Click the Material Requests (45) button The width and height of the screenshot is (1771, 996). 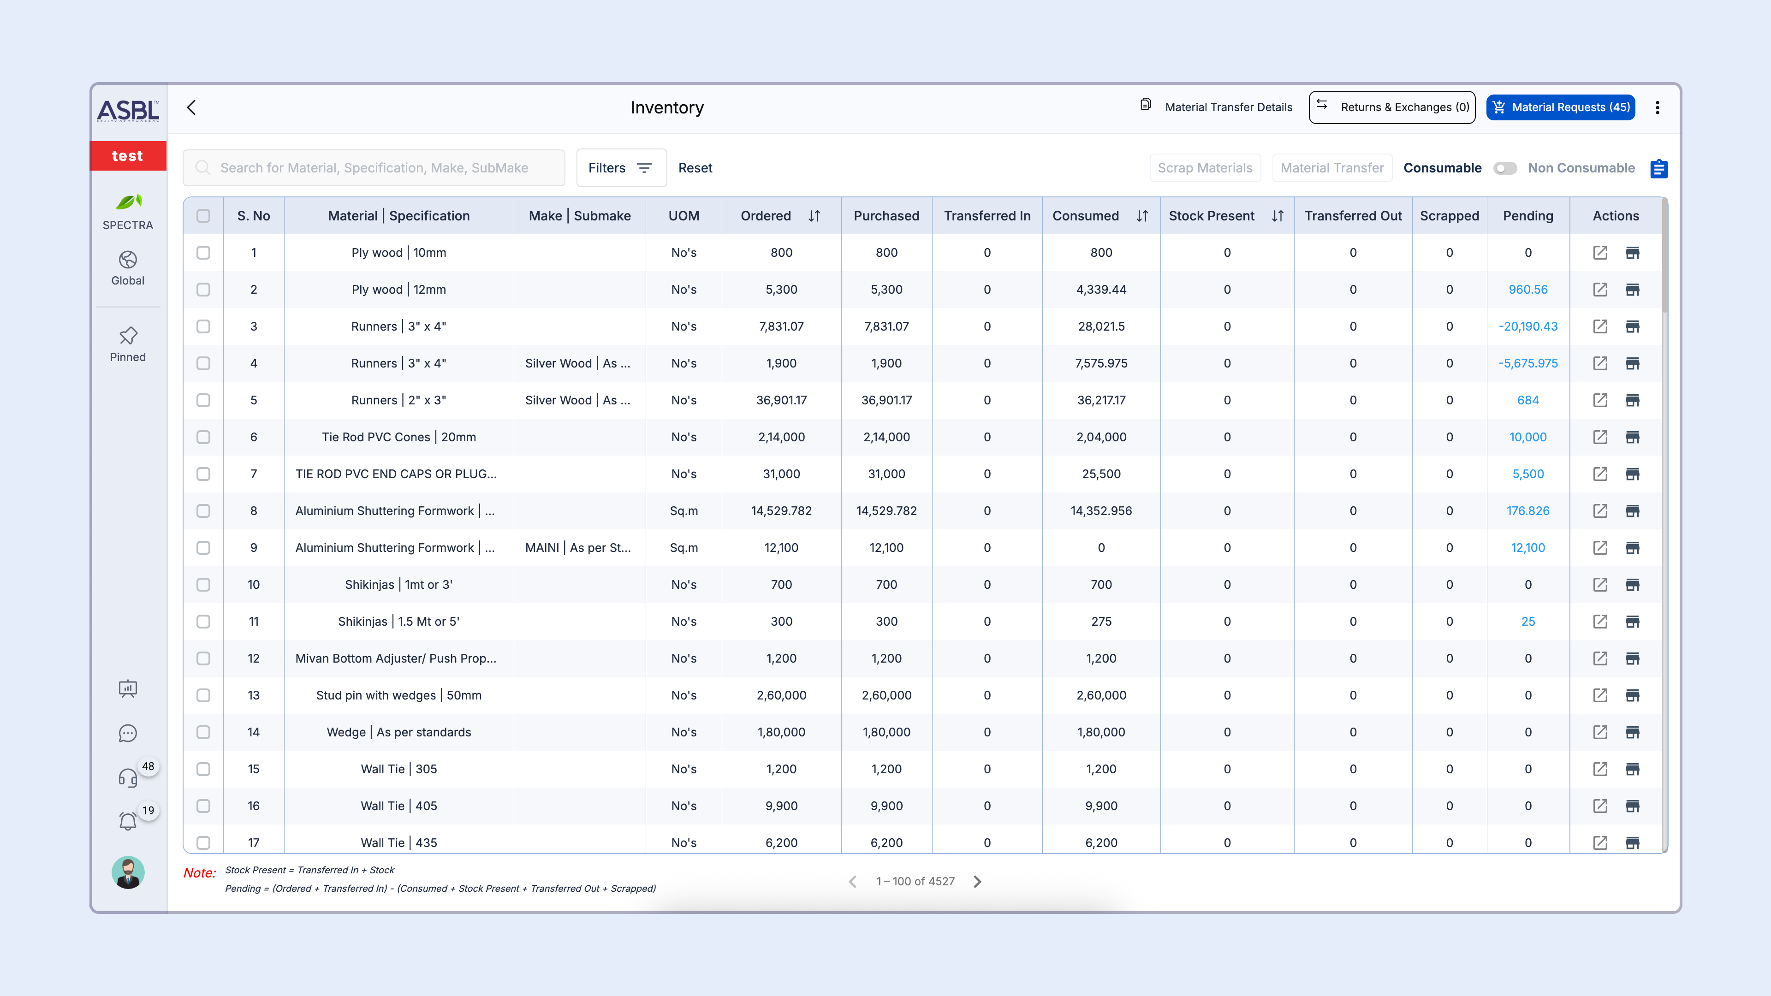pyautogui.click(x=1561, y=107)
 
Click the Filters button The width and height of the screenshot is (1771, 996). pyautogui.click(x=621, y=168)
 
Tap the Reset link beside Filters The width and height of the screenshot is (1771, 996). pyautogui.click(x=695, y=168)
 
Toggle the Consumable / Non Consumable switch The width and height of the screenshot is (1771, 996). pyautogui.click(x=1504, y=168)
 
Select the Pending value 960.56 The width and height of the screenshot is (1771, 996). pyautogui.click(x=1527, y=290)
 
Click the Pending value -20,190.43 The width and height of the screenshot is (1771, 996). pyautogui.click(x=1527, y=326)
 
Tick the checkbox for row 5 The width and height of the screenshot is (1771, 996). pyautogui.click(x=203, y=400)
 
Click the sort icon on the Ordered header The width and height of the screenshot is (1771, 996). pyautogui.click(x=814, y=216)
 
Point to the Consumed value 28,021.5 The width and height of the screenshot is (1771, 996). pyautogui.click(x=1101, y=326)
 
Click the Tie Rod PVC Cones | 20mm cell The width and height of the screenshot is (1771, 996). pyautogui.click(x=399, y=437)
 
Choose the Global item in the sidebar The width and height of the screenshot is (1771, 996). pyautogui.click(x=128, y=267)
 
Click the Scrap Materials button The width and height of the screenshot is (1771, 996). pyautogui.click(x=1205, y=168)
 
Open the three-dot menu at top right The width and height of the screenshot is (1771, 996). pyautogui.click(x=1658, y=107)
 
